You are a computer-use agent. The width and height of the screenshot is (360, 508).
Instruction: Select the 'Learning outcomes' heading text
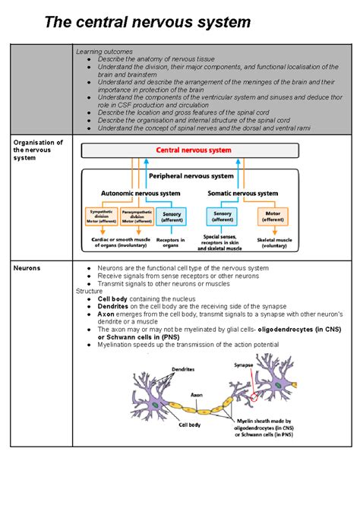[x=103, y=52]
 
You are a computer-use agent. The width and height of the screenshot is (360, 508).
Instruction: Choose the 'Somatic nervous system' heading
[x=242, y=194]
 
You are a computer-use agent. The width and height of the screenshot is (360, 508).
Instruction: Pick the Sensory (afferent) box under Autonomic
[x=172, y=217]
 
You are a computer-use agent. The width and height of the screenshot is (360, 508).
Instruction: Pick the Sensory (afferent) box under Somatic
[x=223, y=217]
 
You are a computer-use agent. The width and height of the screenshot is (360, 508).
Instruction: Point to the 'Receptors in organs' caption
[x=171, y=243]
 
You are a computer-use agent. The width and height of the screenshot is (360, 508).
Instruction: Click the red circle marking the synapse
[x=254, y=396]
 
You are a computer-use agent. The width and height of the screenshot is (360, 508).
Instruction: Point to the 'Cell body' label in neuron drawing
[x=189, y=424]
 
